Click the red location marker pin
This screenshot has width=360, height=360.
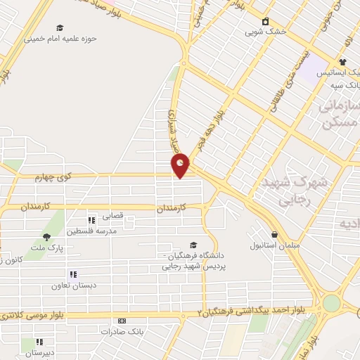(181, 165)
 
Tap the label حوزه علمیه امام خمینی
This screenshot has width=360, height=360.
(70, 39)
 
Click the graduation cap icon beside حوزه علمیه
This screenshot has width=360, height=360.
(60, 28)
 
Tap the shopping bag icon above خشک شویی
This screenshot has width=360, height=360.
(265, 21)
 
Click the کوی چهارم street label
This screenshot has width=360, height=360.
(54, 179)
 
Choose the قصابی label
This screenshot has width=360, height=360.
(113, 217)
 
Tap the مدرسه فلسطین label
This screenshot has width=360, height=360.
(91, 230)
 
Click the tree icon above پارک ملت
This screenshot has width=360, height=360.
(46, 237)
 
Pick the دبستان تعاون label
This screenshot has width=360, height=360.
(71, 285)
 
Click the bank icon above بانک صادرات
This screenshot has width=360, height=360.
(122, 321)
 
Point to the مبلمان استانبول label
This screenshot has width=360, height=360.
(275, 246)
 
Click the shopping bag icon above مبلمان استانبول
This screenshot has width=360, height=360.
(274, 235)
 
